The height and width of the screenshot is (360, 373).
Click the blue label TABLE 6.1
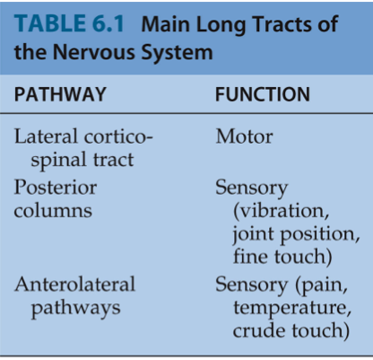pyautogui.click(x=69, y=24)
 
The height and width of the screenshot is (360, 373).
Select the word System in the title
pyautogui.click(x=177, y=53)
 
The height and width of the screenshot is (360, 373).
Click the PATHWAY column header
pyautogui.click(x=60, y=94)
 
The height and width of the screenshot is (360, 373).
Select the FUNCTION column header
pyautogui.click(x=263, y=94)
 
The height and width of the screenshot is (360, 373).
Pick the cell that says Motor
pyautogui.click(x=244, y=136)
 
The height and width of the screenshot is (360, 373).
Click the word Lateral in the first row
pyautogui.click(x=47, y=136)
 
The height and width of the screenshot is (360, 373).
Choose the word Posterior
pyautogui.click(x=56, y=188)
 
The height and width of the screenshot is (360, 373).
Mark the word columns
pyautogui.click(x=53, y=210)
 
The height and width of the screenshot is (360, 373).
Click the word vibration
pyautogui.click(x=282, y=211)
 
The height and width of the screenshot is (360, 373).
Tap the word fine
pyautogui.click(x=250, y=257)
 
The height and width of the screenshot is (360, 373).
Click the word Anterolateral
pyautogui.click(x=74, y=284)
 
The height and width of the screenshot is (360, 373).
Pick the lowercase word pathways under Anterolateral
pyautogui.click(x=75, y=308)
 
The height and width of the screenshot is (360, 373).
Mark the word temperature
pyautogui.click(x=292, y=308)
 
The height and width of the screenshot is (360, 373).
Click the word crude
pyautogui.click(x=259, y=330)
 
